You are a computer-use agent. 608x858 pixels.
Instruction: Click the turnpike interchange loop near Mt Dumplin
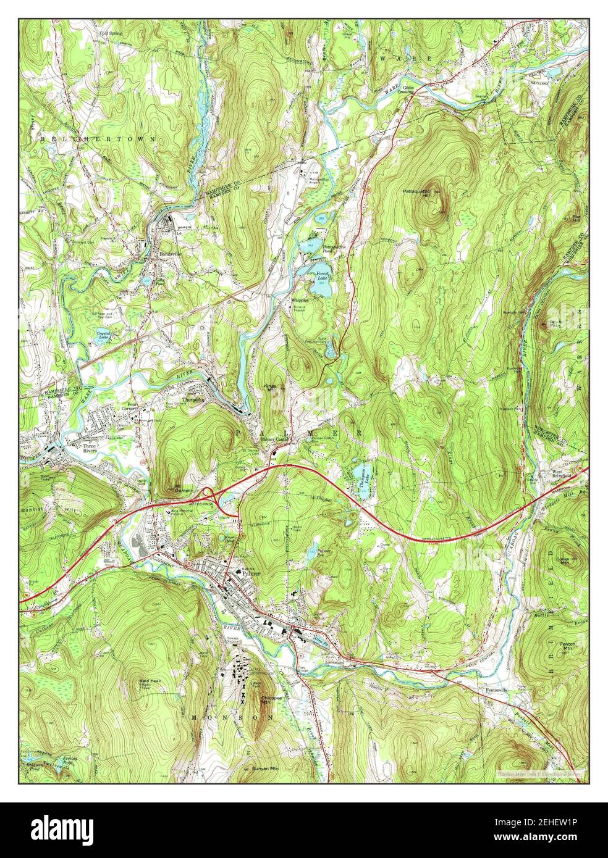210,494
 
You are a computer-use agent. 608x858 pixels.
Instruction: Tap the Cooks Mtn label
562,560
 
